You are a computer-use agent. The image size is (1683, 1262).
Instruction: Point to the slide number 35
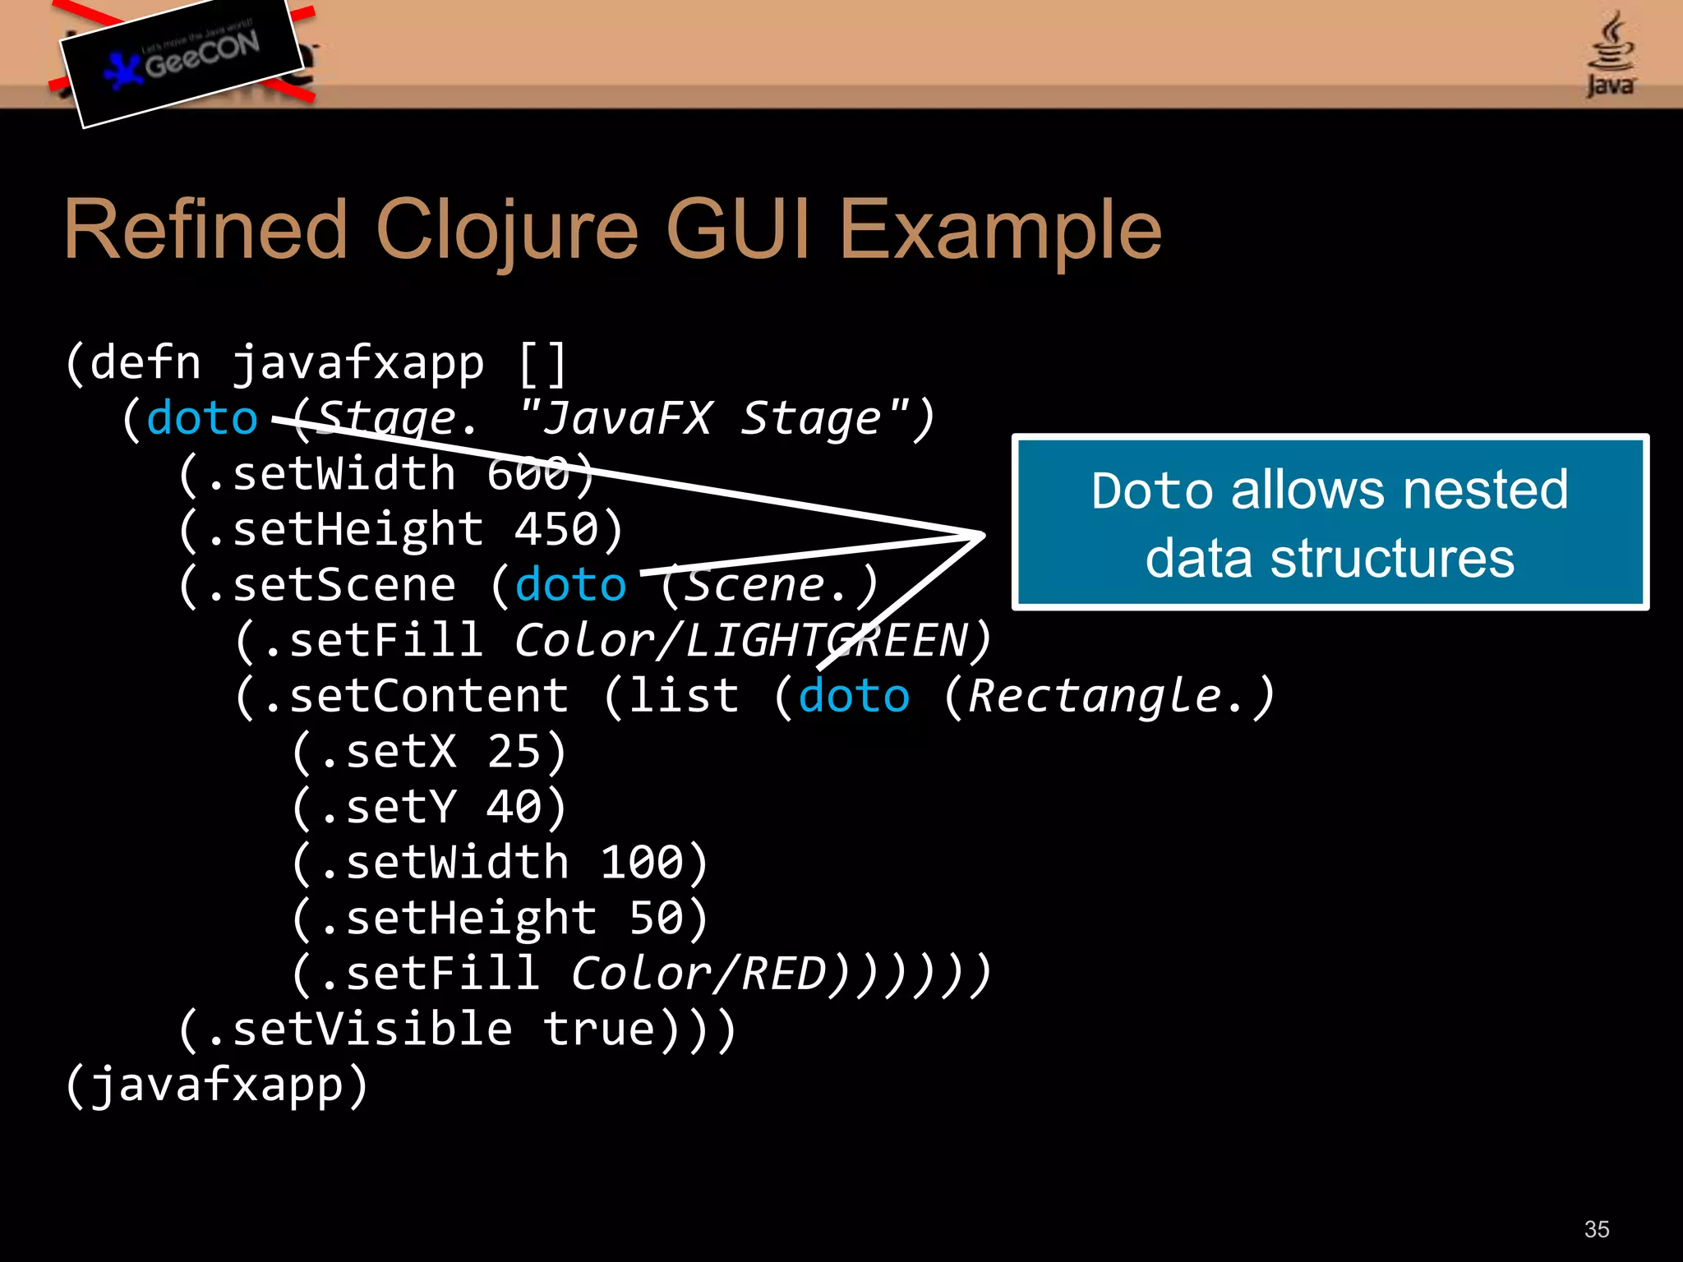pyautogui.click(x=1596, y=1229)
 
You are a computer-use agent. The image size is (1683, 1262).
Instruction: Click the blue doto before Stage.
pyautogui.click(x=202, y=418)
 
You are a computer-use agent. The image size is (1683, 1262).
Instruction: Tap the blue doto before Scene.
pyautogui.click(x=570, y=585)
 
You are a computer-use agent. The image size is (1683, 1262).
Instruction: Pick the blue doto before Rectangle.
pyautogui.click(x=854, y=696)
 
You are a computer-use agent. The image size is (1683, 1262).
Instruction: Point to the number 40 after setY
pyautogui.click(x=514, y=807)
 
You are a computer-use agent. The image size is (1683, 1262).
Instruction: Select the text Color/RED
pyautogui.click(x=699, y=974)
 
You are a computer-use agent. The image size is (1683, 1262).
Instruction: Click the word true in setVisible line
pyautogui.click(x=598, y=1029)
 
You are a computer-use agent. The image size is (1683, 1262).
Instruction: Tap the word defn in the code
pyautogui.click(x=145, y=363)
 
